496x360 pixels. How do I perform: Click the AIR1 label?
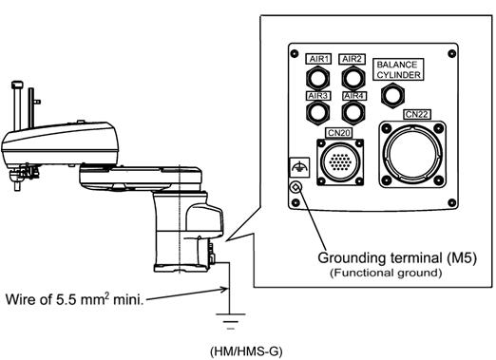(318, 59)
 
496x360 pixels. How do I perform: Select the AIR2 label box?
(352, 59)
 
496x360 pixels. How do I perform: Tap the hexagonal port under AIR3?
(317, 112)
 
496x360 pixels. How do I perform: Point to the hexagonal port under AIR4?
(353, 112)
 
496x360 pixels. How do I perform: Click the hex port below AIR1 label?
(317, 78)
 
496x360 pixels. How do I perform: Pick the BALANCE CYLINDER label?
(398, 69)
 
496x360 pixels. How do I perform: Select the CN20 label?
(338, 133)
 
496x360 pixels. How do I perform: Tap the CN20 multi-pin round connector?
(340, 162)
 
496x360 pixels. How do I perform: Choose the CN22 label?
(417, 114)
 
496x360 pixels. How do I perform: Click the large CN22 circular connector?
(412, 154)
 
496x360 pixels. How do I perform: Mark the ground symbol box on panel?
(299, 167)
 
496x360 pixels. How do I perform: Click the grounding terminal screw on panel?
(296, 187)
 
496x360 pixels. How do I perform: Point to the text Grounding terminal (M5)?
(397, 257)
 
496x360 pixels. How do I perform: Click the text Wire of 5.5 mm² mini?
(75, 298)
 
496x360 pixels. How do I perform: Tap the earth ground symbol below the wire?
(231, 321)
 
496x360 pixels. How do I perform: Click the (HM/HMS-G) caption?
(246, 351)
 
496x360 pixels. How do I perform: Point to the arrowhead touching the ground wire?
(224, 289)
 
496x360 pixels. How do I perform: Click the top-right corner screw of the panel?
(452, 53)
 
